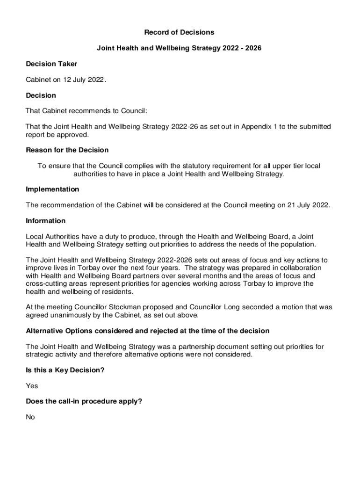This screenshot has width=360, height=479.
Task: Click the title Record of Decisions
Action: (179, 32)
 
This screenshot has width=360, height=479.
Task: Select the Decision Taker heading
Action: (51, 64)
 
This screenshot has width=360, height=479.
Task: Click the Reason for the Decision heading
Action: (67, 150)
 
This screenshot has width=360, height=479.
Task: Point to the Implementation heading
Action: (52, 189)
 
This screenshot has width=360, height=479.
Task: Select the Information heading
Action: (46, 221)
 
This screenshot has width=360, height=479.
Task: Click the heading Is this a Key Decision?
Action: (65, 370)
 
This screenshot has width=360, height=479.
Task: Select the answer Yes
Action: (32, 386)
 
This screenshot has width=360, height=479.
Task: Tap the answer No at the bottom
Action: (30, 417)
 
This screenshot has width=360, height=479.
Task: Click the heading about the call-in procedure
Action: (84, 401)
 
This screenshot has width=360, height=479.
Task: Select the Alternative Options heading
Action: (147, 331)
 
